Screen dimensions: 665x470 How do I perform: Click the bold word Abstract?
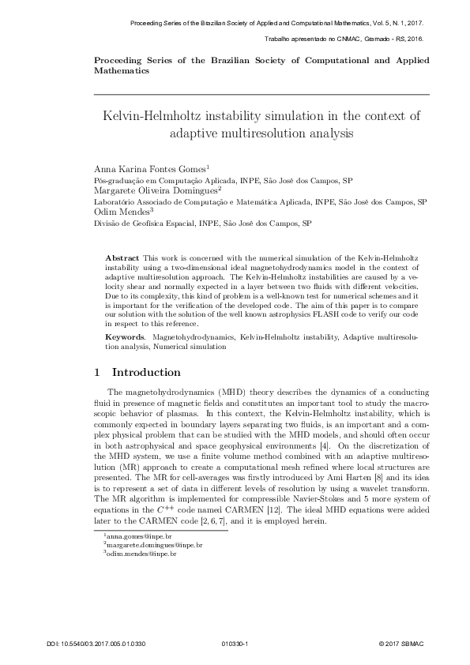click(x=122, y=259)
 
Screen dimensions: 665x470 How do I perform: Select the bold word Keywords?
click(x=126, y=337)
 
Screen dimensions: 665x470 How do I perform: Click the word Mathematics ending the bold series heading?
click(x=122, y=70)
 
